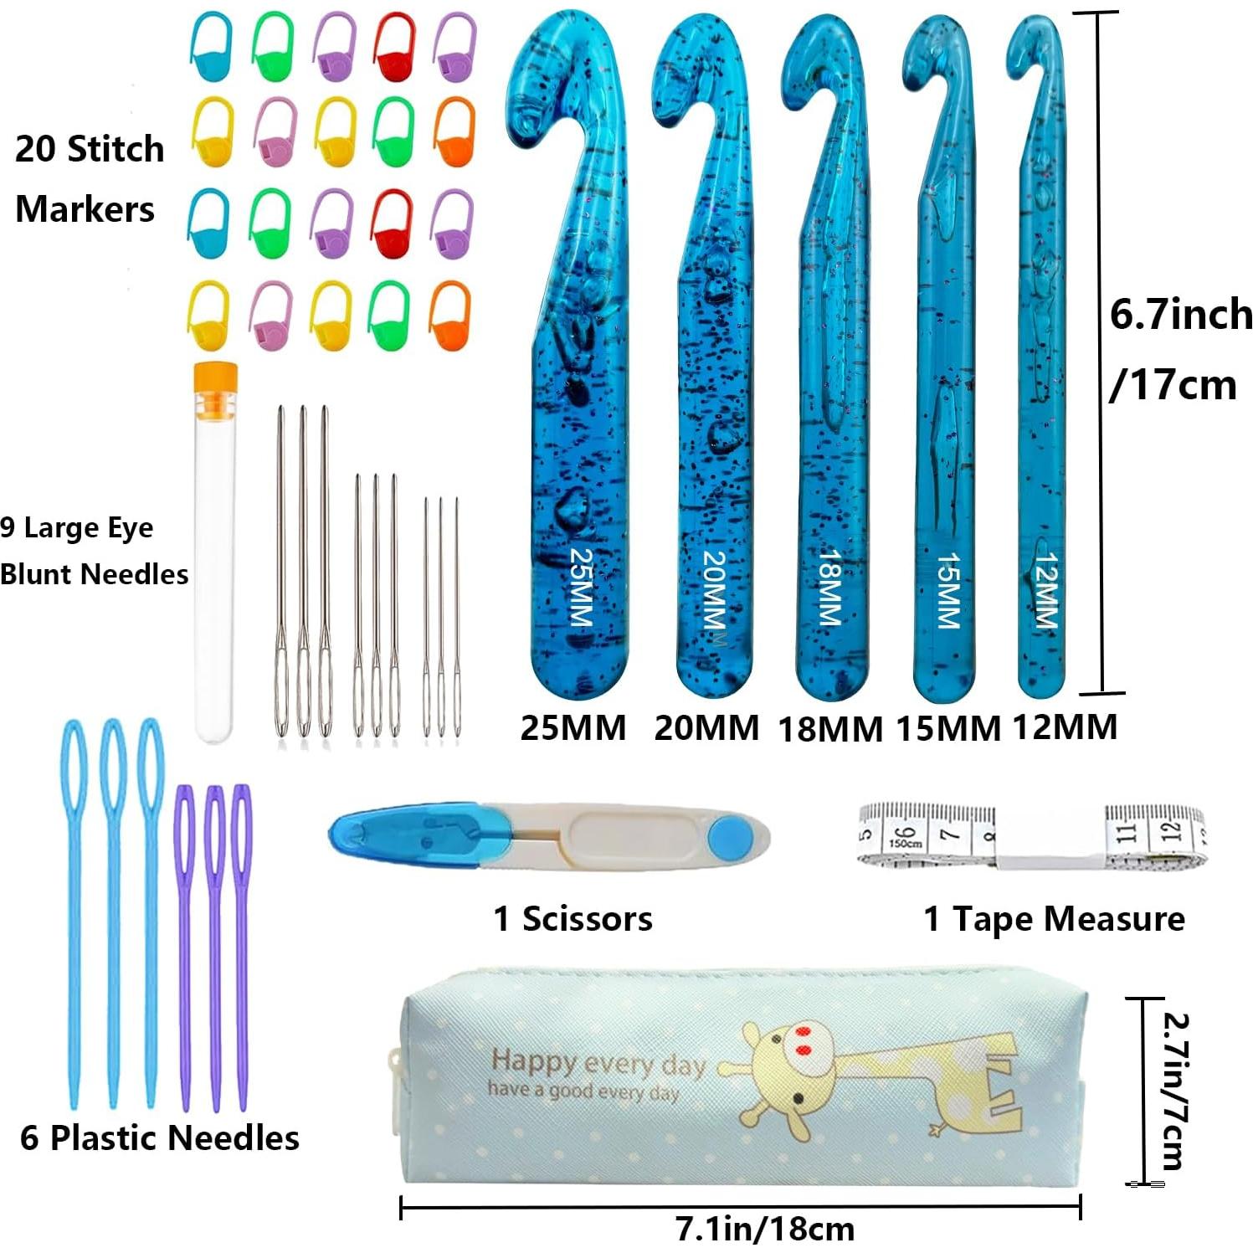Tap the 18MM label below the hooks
830,729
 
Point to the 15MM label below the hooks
948,729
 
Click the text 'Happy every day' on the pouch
598,1062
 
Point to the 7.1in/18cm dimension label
765,1229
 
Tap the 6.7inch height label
1180,316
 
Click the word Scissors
588,919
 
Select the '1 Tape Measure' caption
1054,919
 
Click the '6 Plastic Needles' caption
160,1138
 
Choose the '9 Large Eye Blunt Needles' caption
94,551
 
